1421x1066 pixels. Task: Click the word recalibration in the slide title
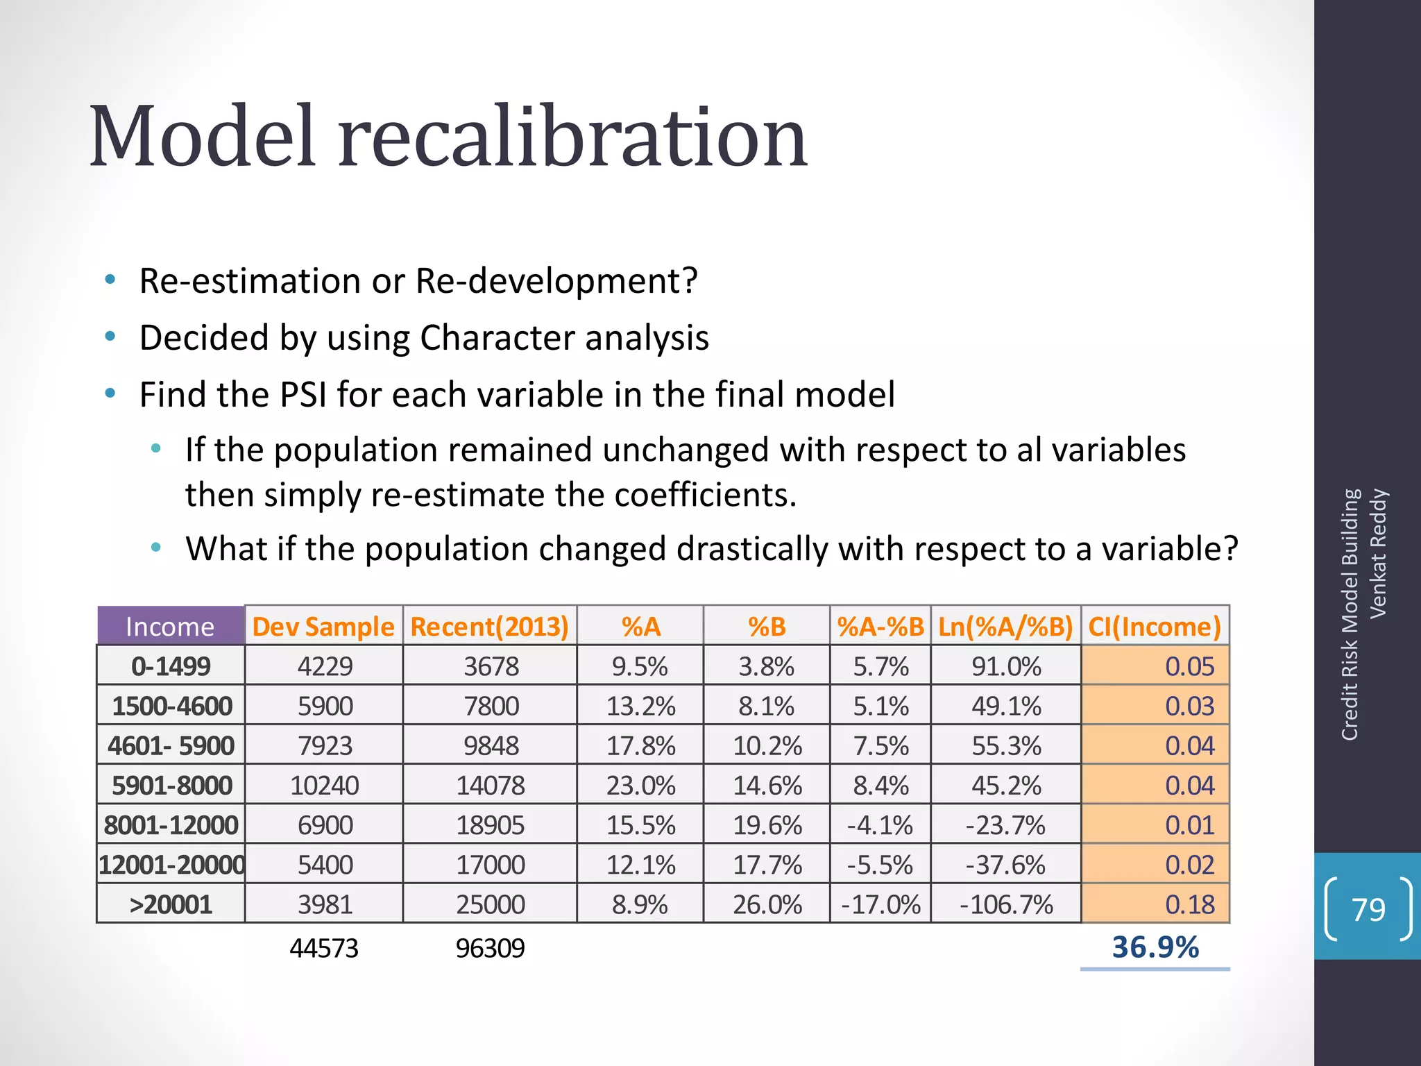(572, 137)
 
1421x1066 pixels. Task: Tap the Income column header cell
(170, 627)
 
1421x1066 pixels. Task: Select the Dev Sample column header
(323, 627)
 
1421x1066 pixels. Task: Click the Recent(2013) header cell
(490, 627)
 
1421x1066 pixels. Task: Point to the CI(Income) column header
(1155, 627)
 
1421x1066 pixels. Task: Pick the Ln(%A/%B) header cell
(1005, 627)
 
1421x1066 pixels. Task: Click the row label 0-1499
(171, 666)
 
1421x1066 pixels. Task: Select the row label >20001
(171, 904)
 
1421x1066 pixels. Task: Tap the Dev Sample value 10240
(324, 786)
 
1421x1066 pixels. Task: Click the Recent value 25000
(491, 904)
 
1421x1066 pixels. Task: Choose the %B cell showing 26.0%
(767, 904)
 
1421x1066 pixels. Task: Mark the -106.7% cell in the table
(1006, 904)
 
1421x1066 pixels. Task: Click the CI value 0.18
(1189, 904)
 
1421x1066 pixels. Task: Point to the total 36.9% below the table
(1155, 947)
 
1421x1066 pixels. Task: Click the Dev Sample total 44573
(324, 948)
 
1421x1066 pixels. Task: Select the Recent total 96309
(491, 948)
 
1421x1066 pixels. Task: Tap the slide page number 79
(1368, 909)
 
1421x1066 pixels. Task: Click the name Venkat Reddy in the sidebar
(1378, 553)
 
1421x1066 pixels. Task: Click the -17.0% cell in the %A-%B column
(880, 904)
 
